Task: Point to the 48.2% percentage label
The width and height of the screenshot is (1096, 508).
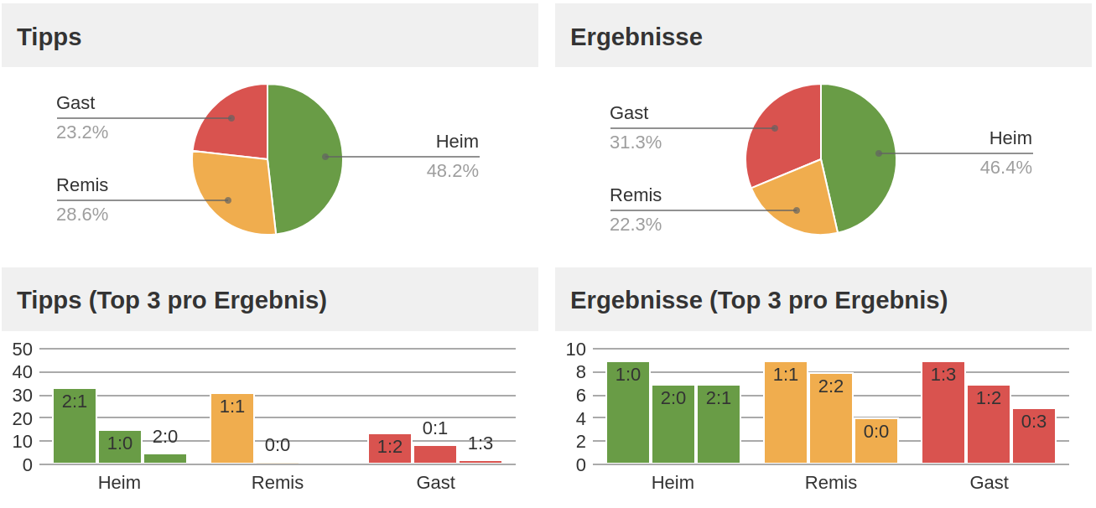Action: point(452,171)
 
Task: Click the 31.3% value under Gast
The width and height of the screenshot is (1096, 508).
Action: point(636,143)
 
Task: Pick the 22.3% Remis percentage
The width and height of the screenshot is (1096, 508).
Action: point(636,225)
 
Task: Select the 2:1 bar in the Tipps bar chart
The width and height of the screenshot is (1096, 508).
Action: point(75,426)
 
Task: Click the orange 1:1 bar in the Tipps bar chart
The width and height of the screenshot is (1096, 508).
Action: point(232,428)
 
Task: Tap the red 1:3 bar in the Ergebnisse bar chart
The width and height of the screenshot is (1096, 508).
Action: point(943,412)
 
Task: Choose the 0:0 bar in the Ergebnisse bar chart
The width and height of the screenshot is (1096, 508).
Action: point(876,441)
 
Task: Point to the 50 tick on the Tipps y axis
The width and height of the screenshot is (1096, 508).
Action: point(23,349)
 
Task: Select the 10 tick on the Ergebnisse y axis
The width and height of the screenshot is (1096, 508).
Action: point(576,349)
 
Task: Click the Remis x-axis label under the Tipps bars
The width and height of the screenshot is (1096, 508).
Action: point(278,483)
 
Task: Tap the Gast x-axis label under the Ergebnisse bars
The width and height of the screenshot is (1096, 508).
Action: point(989,483)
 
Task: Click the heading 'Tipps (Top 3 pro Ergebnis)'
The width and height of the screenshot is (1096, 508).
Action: point(172,300)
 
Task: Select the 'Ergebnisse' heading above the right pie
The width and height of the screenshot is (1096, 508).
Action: point(636,37)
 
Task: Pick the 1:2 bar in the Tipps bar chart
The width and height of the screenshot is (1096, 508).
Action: point(390,448)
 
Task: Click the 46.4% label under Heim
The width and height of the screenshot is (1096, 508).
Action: point(1005,168)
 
